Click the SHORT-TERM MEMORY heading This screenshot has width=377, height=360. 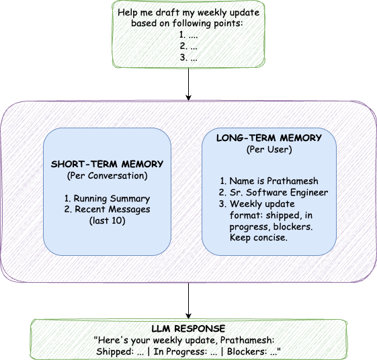(107, 164)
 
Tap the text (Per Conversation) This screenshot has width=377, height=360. (107, 175)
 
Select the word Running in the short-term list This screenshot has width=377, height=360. (92, 199)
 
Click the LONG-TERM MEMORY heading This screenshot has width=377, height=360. (269, 138)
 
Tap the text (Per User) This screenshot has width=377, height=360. (269, 149)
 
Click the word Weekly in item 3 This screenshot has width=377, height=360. (246, 204)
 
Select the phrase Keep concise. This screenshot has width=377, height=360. (259, 238)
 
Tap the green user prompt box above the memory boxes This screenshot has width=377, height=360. (188, 34)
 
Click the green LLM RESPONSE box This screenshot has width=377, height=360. (188, 339)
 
